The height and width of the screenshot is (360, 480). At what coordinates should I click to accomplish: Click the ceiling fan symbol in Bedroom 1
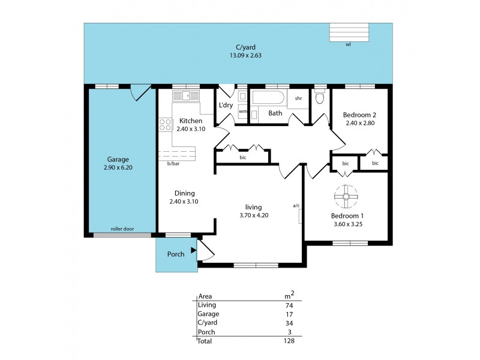point(347,196)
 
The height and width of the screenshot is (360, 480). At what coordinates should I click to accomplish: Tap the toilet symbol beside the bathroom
point(320,98)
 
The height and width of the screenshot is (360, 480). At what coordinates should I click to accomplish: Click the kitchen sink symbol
point(181,95)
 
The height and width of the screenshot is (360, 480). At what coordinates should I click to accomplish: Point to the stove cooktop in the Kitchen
point(165,125)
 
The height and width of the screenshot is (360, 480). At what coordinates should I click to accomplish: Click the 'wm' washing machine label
point(242,112)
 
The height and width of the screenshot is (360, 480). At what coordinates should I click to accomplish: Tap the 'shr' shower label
point(298,98)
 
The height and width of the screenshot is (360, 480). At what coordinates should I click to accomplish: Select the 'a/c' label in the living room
point(296,206)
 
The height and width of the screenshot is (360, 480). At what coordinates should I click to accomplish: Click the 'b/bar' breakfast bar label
point(173,164)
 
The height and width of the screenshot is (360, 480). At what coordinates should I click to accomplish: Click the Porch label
point(176,254)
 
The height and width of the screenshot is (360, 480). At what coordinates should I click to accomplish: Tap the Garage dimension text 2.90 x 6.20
point(118,169)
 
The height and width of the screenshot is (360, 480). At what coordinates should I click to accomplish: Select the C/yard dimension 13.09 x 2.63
point(245,55)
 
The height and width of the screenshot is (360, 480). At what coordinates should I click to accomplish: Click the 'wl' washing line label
point(348,44)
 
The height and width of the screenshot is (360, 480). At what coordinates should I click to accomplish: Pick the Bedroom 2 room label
point(359,115)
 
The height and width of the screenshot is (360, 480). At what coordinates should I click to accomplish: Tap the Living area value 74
point(289,305)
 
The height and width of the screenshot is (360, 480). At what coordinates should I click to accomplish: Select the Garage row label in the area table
point(208,314)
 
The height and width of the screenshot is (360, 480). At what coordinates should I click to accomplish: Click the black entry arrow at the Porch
point(193,250)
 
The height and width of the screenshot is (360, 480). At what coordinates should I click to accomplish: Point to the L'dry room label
point(226,105)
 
